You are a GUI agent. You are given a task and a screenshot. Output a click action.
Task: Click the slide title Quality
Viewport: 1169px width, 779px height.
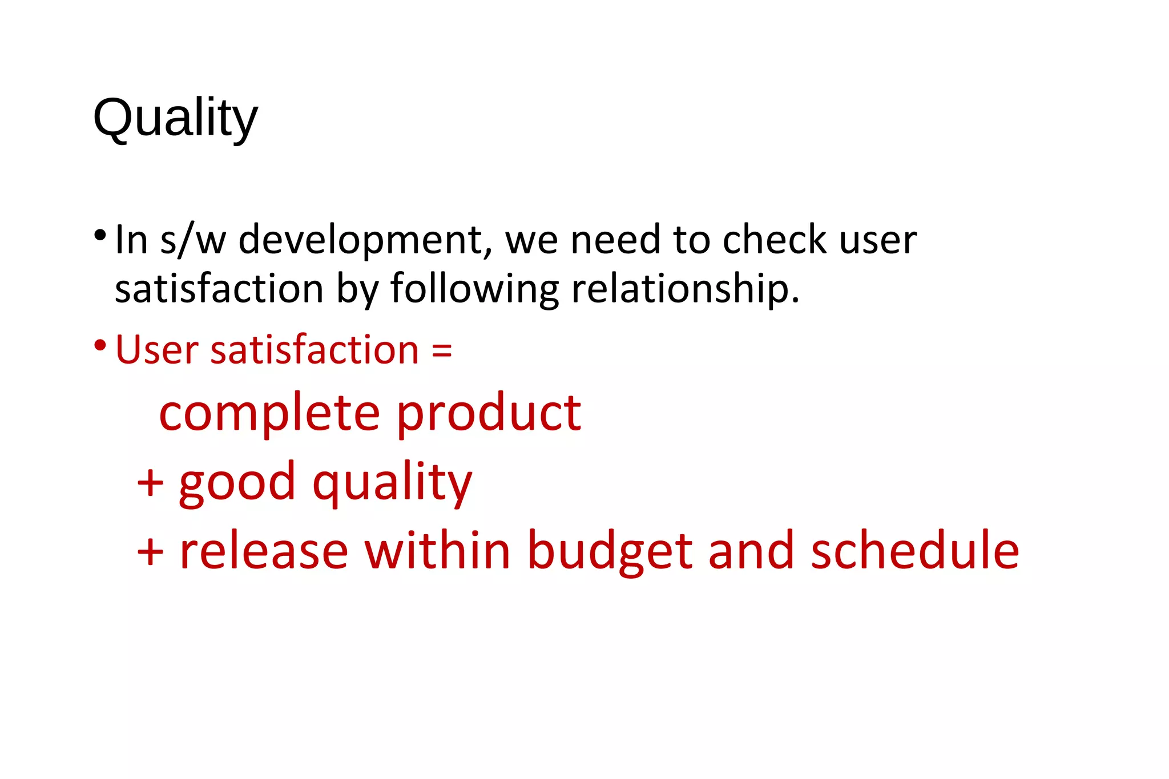pos(175,118)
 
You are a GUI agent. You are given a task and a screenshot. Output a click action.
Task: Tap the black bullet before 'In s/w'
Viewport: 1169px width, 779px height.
pos(100,235)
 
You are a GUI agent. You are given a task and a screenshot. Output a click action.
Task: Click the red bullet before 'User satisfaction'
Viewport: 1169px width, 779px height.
pos(100,345)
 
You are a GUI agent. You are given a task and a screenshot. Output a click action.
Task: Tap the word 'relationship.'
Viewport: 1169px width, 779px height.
pos(685,289)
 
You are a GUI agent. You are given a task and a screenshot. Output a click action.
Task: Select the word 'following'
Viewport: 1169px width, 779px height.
pos(474,289)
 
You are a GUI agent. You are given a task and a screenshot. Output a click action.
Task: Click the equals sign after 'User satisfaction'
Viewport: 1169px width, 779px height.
pos(442,350)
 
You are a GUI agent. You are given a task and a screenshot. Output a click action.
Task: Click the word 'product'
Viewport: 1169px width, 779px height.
pos(489,413)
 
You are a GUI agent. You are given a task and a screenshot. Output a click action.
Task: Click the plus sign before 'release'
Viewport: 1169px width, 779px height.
pos(150,551)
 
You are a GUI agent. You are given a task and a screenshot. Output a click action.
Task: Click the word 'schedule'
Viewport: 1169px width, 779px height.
pos(914,551)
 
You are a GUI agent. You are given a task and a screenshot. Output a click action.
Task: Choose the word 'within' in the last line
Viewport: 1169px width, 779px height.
pos(437,551)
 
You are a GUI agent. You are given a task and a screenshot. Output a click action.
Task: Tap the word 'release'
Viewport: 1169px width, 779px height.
pos(264,551)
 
